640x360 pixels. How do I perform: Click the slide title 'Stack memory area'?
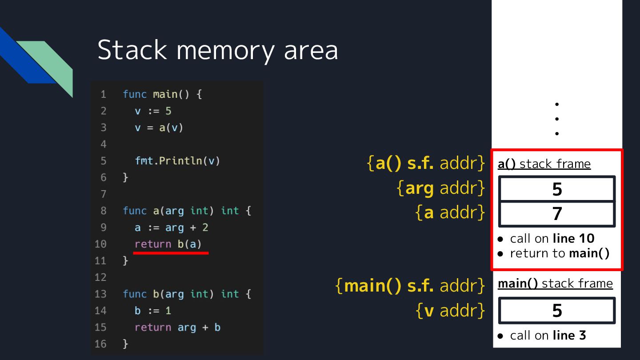(x=217, y=50)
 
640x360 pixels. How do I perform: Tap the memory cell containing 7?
(x=557, y=214)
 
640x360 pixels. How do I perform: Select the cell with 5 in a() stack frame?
(x=557, y=189)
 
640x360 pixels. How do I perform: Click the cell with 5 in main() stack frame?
(x=557, y=310)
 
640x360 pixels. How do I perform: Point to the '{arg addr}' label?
(x=440, y=188)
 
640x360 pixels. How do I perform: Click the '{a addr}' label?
(x=450, y=213)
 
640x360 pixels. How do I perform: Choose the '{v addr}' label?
(x=450, y=310)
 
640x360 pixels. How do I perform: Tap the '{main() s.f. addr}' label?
(x=410, y=285)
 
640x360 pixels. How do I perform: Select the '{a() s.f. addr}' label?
(x=425, y=164)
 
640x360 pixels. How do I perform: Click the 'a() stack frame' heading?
(x=544, y=164)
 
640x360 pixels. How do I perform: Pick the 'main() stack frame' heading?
(x=555, y=284)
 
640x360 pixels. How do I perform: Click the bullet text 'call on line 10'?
(x=552, y=239)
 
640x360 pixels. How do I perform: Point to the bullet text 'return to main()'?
(x=559, y=253)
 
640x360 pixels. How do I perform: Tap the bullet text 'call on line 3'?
(x=548, y=335)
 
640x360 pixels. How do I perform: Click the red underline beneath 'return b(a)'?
(x=171, y=253)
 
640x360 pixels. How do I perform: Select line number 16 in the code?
(x=101, y=344)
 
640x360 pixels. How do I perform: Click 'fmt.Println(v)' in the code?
(x=177, y=161)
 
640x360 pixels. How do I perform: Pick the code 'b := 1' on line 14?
(x=153, y=311)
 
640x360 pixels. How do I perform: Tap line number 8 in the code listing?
(x=103, y=211)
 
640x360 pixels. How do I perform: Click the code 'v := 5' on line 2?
(x=153, y=111)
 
